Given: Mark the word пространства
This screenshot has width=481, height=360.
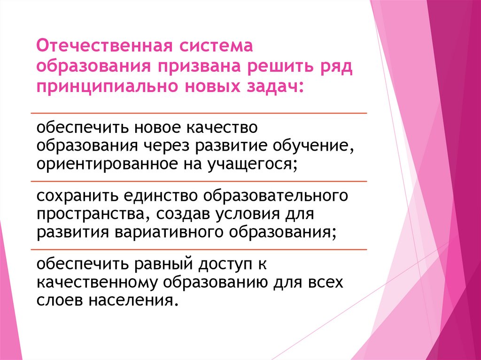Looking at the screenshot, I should (89, 214).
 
